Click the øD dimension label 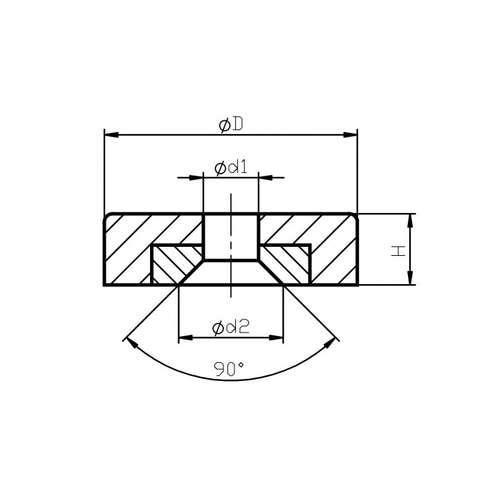230,125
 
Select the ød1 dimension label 231,168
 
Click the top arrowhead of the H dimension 410,220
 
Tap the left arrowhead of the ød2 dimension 185,338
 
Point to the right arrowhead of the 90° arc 335,340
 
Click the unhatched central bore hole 231,236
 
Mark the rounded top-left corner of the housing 106,216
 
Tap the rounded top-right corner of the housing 355,216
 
